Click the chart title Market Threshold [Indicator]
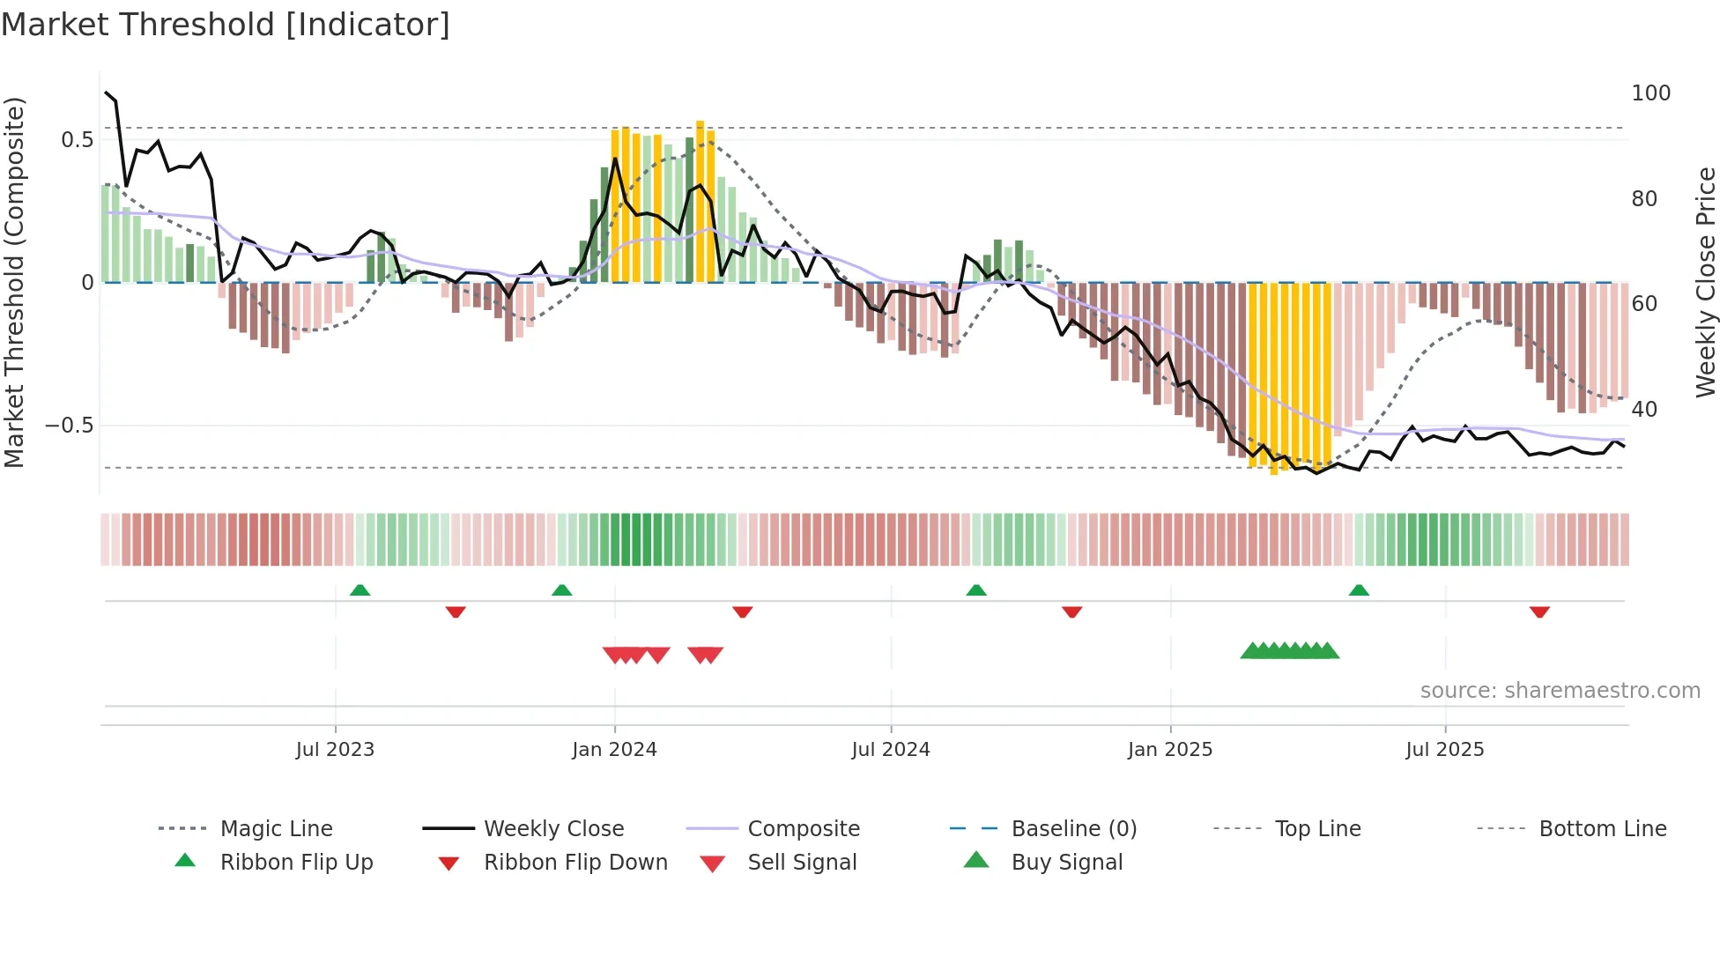(226, 25)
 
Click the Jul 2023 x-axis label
(335, 750)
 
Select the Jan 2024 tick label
(614, 750)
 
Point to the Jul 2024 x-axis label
(891, 750)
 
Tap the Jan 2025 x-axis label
(1170, 750)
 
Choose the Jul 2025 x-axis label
(1445, 750)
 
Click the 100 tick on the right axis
(1650, 93)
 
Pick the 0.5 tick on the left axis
(78, 140)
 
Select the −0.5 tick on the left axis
(70, 426)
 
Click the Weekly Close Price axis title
(1706, 282)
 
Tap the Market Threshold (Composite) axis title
(14, 282)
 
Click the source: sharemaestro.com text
(1560, 691)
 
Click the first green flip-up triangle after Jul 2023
(359, 590)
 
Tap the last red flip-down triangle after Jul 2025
(1539, 612)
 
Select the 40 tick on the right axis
(1644, 410)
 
